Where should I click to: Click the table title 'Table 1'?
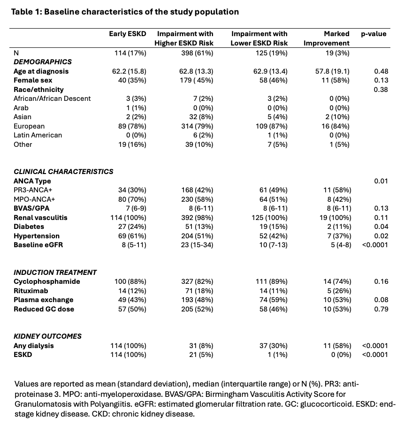[28, 12]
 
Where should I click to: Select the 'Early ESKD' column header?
[128, 34]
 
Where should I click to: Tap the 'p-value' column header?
[373, 34]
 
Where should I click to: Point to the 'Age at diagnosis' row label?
[41, 71]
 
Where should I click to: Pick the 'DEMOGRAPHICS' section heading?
[43, 61]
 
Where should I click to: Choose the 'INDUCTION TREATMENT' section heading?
[55, 272]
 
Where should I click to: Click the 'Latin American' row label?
[38, 135]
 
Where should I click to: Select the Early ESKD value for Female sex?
[131, 80]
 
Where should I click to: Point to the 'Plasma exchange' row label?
[44, 300]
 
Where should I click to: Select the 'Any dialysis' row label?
[34, 346]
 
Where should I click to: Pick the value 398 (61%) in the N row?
[197, 53]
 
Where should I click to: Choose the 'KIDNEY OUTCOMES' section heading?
[47, 336]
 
